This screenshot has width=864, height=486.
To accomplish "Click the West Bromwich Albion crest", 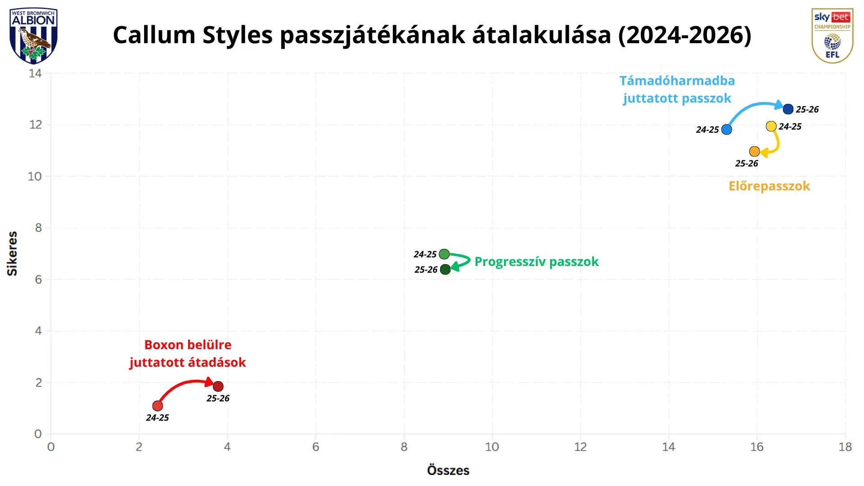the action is pos(33,36).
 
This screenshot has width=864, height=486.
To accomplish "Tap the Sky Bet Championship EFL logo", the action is pos(832,36).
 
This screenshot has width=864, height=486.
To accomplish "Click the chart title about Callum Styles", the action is pos(432,35).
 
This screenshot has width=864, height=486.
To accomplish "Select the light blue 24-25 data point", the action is pos(726,130).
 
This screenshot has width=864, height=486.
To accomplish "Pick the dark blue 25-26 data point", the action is pos(788,109).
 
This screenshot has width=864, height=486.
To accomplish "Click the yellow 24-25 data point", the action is pos(771,126).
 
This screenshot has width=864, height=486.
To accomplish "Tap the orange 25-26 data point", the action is pos(755,152).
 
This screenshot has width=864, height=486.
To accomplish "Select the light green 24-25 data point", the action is pos(444,254).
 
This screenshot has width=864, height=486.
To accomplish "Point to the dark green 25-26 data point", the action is pos(445,270).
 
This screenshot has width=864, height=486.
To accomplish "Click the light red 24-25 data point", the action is pos(157,406).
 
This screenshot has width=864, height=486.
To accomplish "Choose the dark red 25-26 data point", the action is pos(218,387).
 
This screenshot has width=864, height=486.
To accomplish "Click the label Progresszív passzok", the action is pos(536,262).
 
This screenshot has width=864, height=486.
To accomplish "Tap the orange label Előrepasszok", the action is pos(769,186).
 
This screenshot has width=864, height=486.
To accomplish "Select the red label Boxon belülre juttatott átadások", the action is pos(188,354).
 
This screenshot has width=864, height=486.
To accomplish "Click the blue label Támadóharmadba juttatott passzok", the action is pos(677,90).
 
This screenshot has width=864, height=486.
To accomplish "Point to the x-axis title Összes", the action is pos(448,470).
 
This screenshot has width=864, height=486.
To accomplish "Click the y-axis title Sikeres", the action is pos(12,253).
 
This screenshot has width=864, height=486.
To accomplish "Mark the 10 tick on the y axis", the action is pos(35,176).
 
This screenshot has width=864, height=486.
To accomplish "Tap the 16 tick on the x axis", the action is pos(757,447).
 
